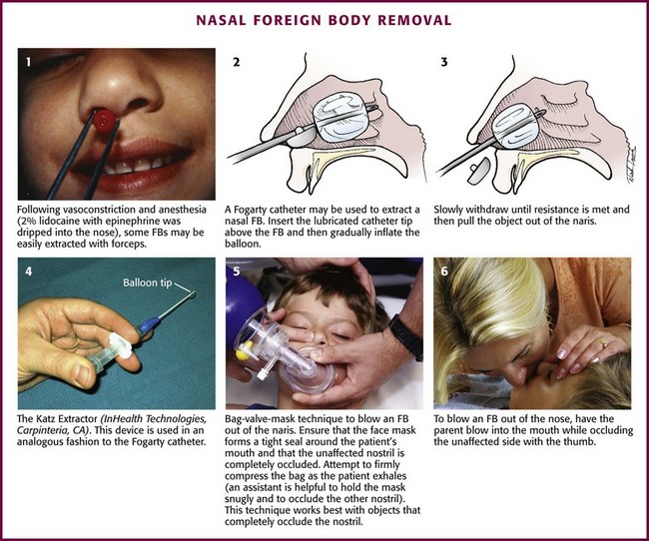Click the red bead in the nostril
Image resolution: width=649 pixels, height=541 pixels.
[x=104, y=121]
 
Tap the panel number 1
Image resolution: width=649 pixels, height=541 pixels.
[x=28, y=62]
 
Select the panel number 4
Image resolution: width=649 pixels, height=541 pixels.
[x=29, y=271]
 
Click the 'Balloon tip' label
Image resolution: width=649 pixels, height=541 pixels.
[x=148, y=283]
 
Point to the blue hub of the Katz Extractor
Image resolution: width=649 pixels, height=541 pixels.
[x=148, y=325]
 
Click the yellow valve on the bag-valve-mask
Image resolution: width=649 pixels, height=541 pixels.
[x=243, y=351]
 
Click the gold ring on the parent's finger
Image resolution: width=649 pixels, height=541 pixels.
[x=603, y=343]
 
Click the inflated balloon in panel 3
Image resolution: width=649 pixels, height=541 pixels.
[x=515, y=126]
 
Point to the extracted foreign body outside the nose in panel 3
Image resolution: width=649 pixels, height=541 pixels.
[x=479, y=171]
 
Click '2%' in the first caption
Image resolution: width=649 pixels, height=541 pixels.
[x=27, y=221]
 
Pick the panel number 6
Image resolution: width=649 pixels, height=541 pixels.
[x=444, y=271]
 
